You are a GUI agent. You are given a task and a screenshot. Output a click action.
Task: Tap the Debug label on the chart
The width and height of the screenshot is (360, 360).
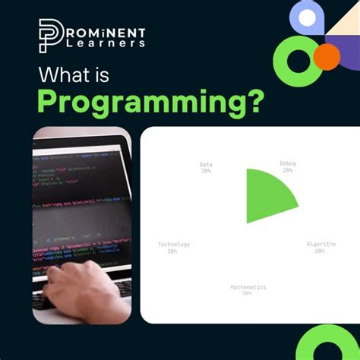pyautogui.click(x=288, y=164)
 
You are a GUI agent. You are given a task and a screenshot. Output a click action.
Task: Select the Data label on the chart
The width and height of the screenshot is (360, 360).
pyautogui.click(x=206, y=164)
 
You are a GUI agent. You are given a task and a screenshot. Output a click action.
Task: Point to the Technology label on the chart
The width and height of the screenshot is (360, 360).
pyautogui.click(x=174, y=245)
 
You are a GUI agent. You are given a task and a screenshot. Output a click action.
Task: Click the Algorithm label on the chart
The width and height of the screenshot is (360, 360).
pyautogui.click(x=320, y=245)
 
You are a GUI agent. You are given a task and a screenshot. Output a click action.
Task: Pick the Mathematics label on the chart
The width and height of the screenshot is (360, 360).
pyautogui.click(x=248, y=287)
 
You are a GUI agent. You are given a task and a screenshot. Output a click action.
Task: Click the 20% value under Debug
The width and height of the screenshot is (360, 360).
pyautogui.click(x=288, y=171)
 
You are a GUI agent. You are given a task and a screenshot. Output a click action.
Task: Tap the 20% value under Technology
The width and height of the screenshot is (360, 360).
pyautogui.click(x=174, y=251)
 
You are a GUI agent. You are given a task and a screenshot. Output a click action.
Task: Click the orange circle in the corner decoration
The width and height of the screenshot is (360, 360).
pyautogui.click(x=327, y=55)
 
